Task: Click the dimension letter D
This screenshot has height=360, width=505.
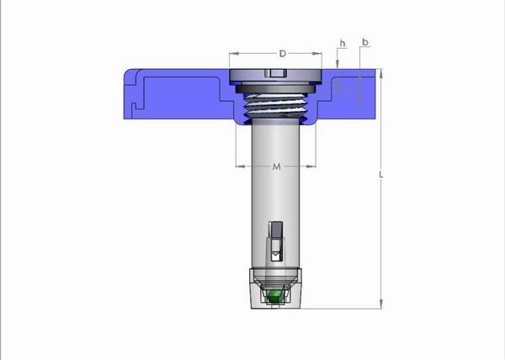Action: click(x=283, y=53)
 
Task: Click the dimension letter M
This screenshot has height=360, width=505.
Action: click(x=276, y=167)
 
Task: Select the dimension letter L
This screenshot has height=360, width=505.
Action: click(x=381, y=175)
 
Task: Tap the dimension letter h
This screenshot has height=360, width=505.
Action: click(x=343, y=44)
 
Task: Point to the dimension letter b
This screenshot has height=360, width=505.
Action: click(x=365, y=42)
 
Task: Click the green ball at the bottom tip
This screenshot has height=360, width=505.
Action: click(x=274, y=297)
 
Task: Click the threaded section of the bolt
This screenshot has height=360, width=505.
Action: click(x=275, y=105)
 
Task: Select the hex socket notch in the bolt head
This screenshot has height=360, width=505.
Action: click(x=276, y=73)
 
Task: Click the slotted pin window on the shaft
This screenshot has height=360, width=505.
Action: click(x=276, y=241)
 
